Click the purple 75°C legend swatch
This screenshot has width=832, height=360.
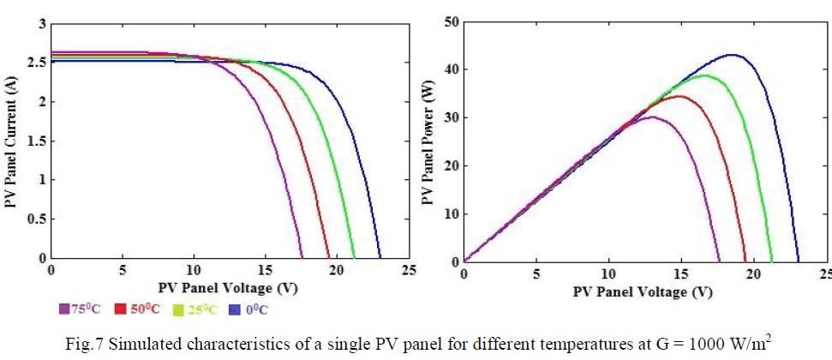click(x=63, y=309)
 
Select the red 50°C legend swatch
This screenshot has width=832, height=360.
click(x=121, y=309)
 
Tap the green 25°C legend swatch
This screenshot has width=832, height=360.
click(x=178, y=309)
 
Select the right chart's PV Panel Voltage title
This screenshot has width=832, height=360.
click(x=643, y=291)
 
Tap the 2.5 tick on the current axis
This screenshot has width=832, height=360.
click(x=34, y=63)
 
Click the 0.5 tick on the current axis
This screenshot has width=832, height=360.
click(x=34, y=219)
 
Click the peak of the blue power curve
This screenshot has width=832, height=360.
click(x=733, y=55)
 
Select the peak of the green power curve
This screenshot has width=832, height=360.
click(x=705, y=75)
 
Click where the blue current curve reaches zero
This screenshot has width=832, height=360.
click(x=380, y=258)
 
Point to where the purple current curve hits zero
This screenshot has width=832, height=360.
click(x=302, y=258)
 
